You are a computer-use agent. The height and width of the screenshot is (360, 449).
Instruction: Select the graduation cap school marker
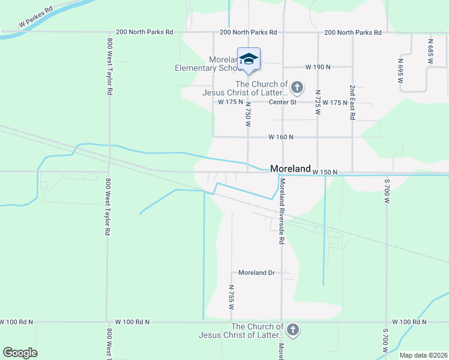249,59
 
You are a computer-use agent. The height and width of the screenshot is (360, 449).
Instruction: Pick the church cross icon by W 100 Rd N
292,330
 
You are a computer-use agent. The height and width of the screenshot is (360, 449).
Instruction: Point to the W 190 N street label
318,67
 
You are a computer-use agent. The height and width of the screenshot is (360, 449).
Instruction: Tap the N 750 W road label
247,113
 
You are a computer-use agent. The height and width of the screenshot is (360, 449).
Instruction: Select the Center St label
283,103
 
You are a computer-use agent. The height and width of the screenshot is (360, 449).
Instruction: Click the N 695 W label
400,70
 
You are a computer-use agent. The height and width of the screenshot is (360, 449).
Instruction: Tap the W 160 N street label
281,137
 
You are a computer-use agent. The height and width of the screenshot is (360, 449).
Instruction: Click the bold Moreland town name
290,169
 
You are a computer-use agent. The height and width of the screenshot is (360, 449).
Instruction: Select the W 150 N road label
325,172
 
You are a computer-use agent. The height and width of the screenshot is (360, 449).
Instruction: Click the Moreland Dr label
256,272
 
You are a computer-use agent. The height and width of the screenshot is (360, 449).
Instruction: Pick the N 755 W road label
231,296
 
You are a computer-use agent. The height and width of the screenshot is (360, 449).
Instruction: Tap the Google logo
20,353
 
